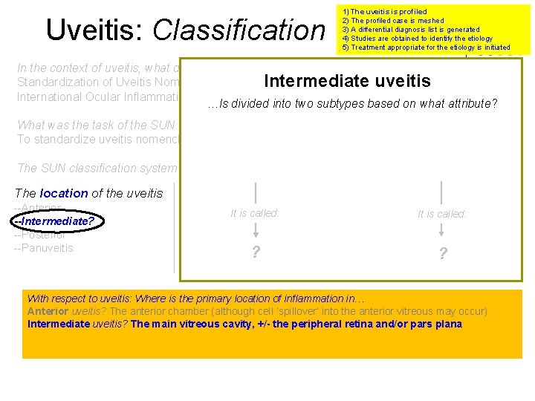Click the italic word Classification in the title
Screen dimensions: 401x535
[x=239, y=30]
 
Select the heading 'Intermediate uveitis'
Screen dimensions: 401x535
[x=348, y=81]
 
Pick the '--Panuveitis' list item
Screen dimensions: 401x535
[x=44, y=248]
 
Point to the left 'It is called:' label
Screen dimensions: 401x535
[x=255, y=213]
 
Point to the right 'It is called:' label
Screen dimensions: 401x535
[x=442, y=214]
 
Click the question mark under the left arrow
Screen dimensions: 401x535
[x=256, y=253]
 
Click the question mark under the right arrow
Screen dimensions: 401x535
[x=443, y=254]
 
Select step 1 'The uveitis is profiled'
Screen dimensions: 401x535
[x=384, y=12]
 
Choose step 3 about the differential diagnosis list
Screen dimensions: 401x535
[x=410, y=30]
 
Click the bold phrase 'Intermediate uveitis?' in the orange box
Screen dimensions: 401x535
[x=77, y=324]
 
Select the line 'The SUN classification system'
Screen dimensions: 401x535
[x=97, y=169]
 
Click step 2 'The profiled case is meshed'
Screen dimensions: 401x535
[x=392, y=21]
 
